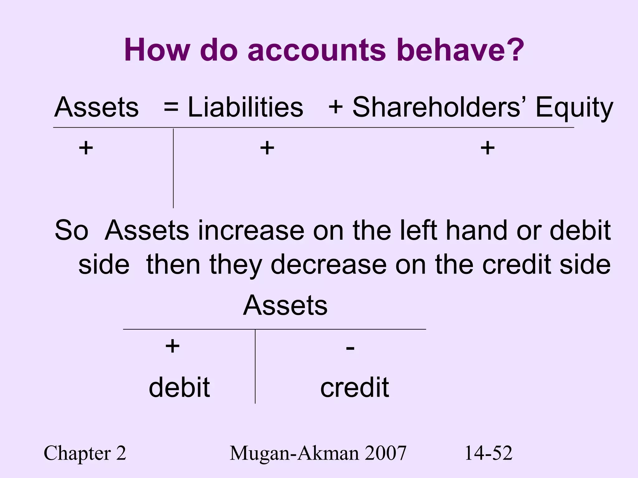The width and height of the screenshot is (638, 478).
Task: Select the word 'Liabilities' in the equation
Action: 245,107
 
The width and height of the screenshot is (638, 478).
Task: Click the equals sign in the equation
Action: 171,107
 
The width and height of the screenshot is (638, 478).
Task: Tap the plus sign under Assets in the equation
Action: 86,148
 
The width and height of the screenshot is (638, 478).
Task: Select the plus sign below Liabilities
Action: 267,148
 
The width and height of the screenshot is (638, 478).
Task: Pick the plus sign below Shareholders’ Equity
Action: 488,148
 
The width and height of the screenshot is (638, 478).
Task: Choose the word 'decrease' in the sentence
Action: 328,265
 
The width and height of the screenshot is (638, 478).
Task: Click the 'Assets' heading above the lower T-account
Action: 285,305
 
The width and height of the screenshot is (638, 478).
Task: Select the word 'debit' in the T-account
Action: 179,387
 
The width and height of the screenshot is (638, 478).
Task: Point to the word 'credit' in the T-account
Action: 355,387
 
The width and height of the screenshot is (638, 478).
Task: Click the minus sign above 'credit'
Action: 350,348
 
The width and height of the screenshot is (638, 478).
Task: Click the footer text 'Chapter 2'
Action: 85,453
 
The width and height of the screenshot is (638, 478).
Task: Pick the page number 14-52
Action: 488,453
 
